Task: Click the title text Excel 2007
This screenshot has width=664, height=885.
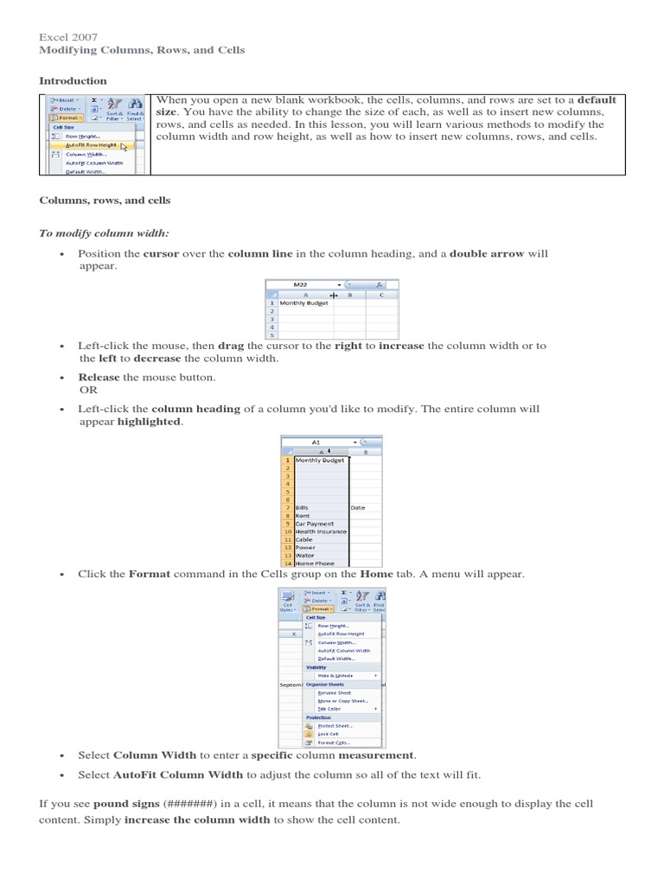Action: tap(68, 37)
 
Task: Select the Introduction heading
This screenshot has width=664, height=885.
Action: tap(73, 80)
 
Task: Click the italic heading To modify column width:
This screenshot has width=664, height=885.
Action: tap(105, 233)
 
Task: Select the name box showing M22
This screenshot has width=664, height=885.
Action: tap(302, 283)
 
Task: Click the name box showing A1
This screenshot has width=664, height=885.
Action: tap(316, 441)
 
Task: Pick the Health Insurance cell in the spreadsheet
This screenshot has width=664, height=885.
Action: tap(321, 532)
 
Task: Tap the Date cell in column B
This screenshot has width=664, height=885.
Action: tap(358, 508)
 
